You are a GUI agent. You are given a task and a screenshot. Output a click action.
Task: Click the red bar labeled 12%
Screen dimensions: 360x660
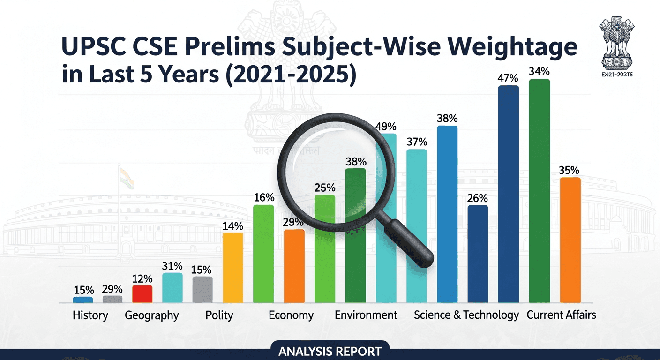[142, 293]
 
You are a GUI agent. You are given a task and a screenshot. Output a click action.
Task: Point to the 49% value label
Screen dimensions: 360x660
[386, 127]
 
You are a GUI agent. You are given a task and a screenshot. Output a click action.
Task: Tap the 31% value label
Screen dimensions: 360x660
[172, 266]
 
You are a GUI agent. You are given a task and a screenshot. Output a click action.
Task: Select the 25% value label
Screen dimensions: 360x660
[325, 187]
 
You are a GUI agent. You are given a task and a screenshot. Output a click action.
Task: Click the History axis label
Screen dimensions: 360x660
[90, 315]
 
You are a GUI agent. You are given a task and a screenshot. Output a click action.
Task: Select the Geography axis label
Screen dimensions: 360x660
[152, 315]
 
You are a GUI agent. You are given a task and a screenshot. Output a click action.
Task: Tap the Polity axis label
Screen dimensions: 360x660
[219, 315]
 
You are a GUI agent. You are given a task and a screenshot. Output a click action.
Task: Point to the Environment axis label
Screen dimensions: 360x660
[366, 315]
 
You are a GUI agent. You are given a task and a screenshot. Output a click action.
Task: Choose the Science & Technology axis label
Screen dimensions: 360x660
[466, 315]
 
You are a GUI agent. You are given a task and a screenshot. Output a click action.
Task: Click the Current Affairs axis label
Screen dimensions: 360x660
[561, 315]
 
